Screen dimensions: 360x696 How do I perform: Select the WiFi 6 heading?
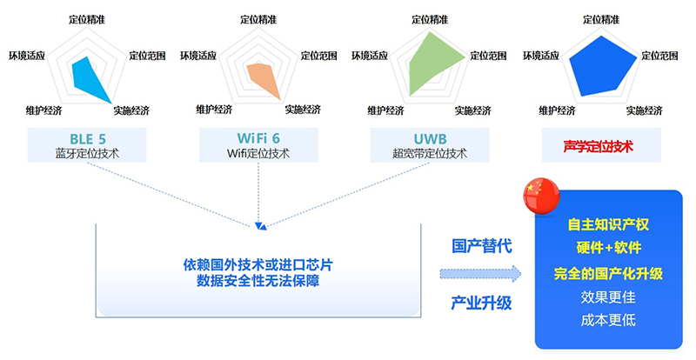(258, 138)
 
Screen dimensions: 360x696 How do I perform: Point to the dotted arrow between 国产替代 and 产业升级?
(480, 275)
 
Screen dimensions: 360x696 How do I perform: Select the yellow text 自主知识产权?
(608, 224)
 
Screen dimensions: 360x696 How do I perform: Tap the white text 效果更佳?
(608, 297)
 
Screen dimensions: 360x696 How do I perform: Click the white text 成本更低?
(608, 320)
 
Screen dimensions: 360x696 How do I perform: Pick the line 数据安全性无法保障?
(258, 279)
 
